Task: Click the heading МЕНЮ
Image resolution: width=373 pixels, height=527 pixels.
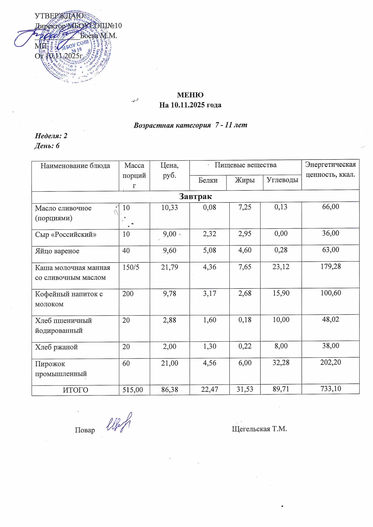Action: click(190, 95)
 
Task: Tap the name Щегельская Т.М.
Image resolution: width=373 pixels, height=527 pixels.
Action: click(259, 429)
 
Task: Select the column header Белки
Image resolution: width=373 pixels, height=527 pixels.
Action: click(208, 180)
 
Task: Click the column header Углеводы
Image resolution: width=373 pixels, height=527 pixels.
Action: click(282, 180)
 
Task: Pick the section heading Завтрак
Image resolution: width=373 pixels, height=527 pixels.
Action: click(195, 196)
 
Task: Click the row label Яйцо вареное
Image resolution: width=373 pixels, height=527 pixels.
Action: click(57, 251)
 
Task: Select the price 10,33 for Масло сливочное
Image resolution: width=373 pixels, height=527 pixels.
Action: click(169, 207)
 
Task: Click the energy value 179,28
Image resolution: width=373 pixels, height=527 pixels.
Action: click(330, 267)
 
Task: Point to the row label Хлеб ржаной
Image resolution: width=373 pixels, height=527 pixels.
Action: click(56, 347)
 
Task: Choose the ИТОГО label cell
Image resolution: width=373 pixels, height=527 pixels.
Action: click(75, 390)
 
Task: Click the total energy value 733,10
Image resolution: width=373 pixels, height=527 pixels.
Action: click(330, 389)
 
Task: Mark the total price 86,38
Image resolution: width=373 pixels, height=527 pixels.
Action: click(169, 390)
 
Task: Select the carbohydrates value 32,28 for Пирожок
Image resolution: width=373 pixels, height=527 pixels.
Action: click(281, 363)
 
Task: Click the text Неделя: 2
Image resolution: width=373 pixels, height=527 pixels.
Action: click(51, 136)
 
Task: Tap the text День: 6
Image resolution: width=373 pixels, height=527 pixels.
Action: click(47, 146)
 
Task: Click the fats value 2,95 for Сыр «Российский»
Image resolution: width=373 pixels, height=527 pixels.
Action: click(245, 234)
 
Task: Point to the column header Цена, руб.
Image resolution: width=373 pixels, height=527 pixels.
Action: click(169, 170)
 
